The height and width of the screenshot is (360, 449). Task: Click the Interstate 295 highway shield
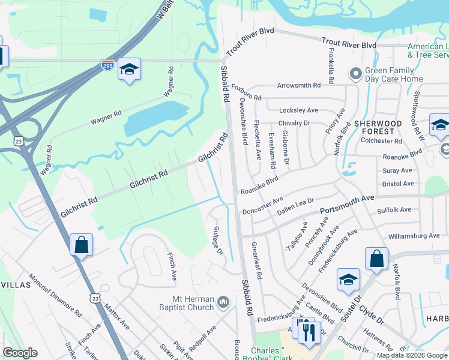click(107, 65)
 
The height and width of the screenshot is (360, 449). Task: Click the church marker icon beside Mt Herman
click(224, 301)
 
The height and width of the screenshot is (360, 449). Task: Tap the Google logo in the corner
click(20, 353)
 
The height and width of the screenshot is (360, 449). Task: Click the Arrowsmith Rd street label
click(298, 86)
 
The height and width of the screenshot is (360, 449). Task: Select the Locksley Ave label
click(298, 110)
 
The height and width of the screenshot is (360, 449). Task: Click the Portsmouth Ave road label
click(347, 203)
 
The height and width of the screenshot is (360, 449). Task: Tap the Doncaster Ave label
click(262, 205)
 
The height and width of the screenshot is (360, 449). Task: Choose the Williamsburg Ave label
click(414, 236)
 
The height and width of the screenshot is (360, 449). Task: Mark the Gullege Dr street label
click(218, 240)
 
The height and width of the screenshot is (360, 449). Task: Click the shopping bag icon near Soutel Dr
click(376, 259)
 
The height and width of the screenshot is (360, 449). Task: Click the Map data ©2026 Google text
click(412, 355)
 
